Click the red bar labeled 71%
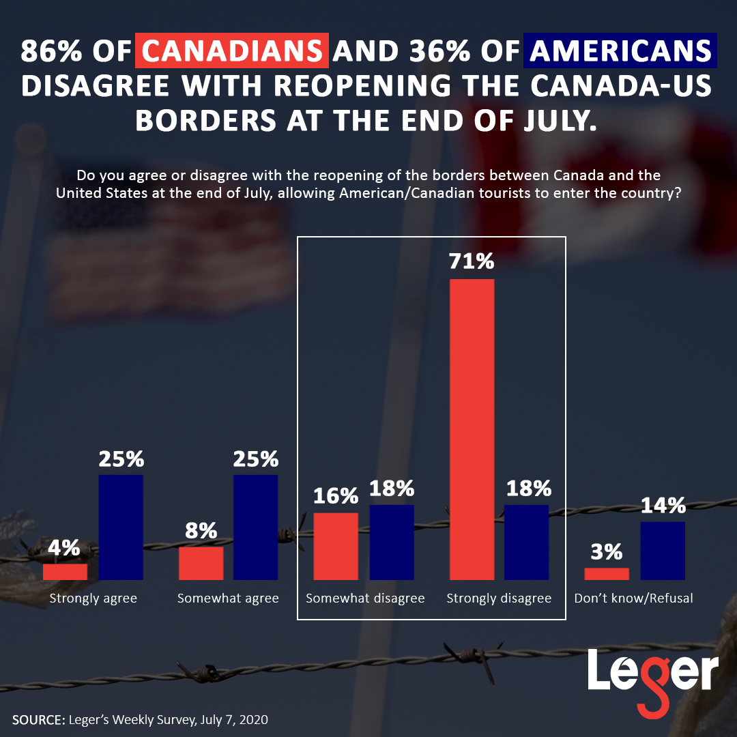coord(472,429)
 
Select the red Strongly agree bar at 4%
coord(65,572)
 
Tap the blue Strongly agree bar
coord(121,527)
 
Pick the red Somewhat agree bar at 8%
coord(201,563)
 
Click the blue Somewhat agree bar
coord(255,527)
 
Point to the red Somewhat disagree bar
coord(336,546)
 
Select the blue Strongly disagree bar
coord(526,542)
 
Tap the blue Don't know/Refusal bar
coord(663,551)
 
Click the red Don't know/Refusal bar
coord(607,574)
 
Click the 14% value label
coord(663,506)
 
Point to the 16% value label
coord(336,496)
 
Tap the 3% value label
coord(607,551)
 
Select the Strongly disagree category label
coord(499,598)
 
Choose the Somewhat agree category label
coord(228,598)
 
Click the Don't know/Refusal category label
coord(633,598)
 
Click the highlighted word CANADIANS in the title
coord(232,51)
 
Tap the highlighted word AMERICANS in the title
coord(620,51)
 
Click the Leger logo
coord(653,674)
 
